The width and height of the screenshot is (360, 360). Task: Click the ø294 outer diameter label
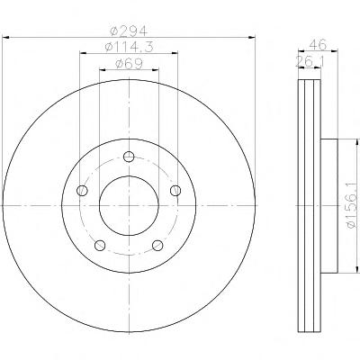click(x=129, y=31)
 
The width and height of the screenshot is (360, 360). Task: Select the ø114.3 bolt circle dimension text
click(x=129, y=47)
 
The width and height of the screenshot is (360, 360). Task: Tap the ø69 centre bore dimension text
click(x=129, y=64)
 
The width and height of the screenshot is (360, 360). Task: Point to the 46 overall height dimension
click(x=318, y=45)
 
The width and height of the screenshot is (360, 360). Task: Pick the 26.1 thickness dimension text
click(x=310, y=61)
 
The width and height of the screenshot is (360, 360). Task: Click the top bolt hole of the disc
click(x=129, y=157)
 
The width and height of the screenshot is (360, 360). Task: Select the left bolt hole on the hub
click(x=82, y=190)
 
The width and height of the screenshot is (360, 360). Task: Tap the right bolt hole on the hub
click(x=175, y=190)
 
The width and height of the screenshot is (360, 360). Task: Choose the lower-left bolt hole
click(x=100, y=245)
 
